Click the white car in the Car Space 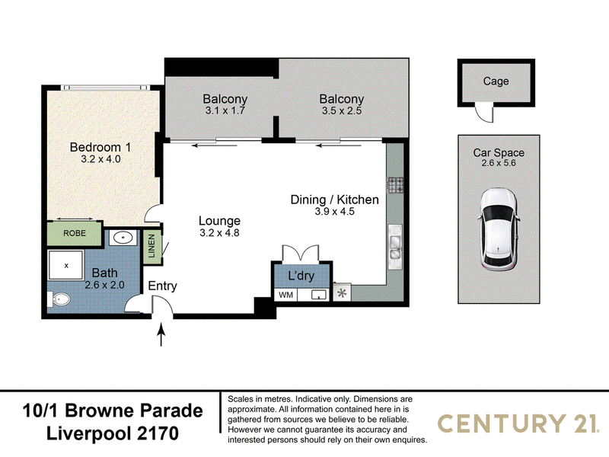[x=499, y=229]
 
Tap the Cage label [x=496, y=81]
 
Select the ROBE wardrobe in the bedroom [x=74, y=233]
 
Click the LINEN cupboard [x=151, y=246]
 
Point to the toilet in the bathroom [x=59, y=299]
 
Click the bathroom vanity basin [x=123, y=237]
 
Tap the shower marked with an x [x=65, y=265]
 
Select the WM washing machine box [x=286, y=295]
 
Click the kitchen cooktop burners [x=395, y=185]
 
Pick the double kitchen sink [x=395, y=247]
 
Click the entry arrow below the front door [x=161, y=334]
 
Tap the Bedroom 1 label [x=100, y=147]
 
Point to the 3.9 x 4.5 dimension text [x=334, y=212]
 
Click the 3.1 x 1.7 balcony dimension [x=225, y=110]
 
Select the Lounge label [x=219, y=221]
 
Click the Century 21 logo [x=519, y=423]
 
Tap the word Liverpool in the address [x=90, y=433]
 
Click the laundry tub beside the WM [x=319, y=295]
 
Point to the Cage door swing [x=485, y=113]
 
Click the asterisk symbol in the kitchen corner [x=342, y=293]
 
